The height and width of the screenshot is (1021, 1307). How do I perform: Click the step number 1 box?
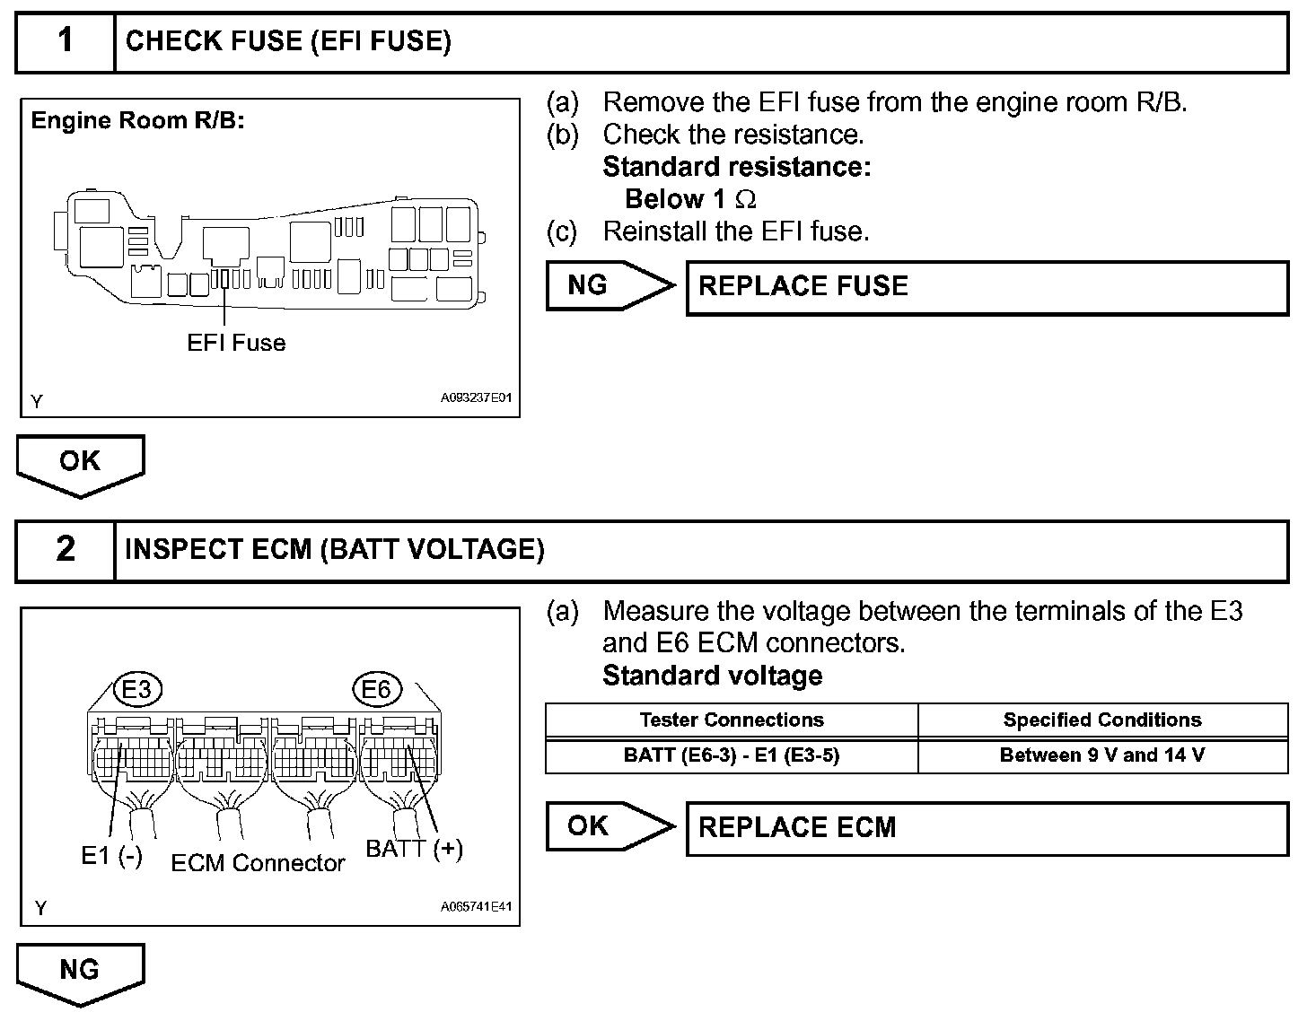click(x=66, y=41)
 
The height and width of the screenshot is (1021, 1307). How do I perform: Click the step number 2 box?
click(x=66, y=549)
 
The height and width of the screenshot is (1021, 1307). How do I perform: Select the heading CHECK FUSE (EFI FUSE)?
click(x=288, y=41)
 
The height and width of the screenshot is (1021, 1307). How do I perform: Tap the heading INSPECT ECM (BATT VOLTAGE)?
click(x=335, y=549)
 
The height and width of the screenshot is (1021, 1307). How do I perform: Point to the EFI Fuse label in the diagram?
click(x=236, y=343)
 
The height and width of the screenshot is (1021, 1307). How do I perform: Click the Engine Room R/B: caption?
click(x=137, y=120)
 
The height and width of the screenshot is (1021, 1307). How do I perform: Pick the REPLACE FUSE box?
click(x=987, y=287)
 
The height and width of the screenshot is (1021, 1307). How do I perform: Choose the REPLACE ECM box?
click(x=987, y=827)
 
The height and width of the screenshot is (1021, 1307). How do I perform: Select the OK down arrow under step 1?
click(x=80, y=463)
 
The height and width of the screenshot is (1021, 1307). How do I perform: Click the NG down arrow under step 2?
click(x=80, y=972)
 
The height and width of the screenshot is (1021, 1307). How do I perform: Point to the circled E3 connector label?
click(x=136, y=689)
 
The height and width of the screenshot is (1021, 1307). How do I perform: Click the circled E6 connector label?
click(x=376, y=689)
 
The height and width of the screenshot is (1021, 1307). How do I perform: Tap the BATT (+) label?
click(x=414, y=849)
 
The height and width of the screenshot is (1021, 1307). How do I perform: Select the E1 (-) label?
click(x=111, y=856)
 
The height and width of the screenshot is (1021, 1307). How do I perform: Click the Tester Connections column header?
click(x=732, y=720)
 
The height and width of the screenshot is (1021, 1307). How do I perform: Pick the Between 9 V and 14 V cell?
click(x=1102, y=755)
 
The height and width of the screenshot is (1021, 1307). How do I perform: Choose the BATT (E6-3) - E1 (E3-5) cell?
click(x=732, y=755)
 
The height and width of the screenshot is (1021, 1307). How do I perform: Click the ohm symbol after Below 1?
click(x=745, y=199)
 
